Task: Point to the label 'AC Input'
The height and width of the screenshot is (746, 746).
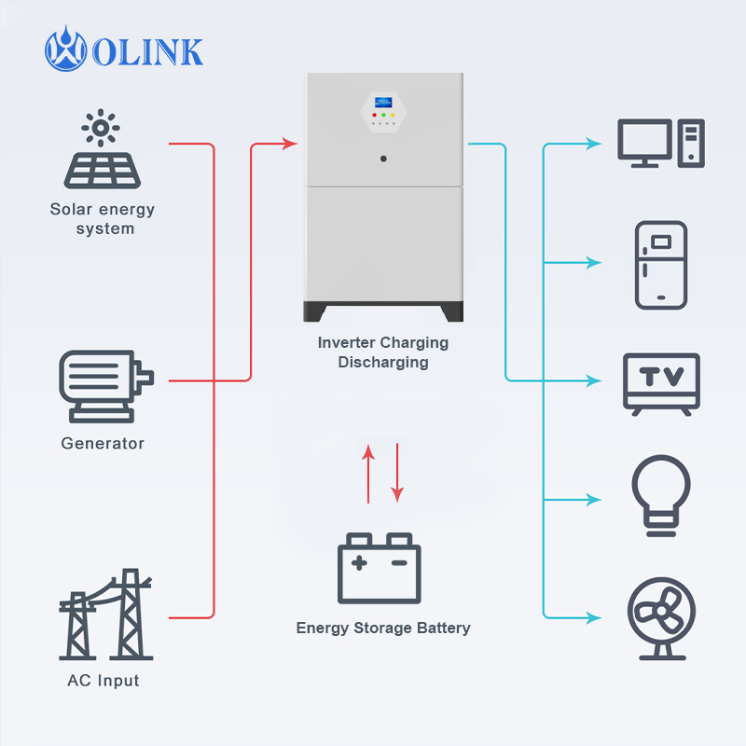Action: (103, 681)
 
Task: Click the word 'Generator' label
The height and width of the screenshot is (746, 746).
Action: (103, 443)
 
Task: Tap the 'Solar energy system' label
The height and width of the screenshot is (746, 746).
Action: (103, 219)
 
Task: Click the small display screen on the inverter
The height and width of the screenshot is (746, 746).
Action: (382, 102)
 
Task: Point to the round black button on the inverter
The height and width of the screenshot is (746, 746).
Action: (383, 159)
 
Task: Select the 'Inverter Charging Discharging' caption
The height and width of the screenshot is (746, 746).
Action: (383, 352)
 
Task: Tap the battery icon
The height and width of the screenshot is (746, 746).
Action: (379, 569)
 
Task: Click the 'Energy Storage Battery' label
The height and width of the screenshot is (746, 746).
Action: (383, 628)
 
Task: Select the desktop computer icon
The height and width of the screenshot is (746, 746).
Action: (661, 144)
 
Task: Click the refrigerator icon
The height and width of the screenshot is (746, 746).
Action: (661, 265)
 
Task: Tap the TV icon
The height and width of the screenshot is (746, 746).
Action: (661, 382)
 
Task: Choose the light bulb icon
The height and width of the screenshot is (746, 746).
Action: (661, 495)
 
